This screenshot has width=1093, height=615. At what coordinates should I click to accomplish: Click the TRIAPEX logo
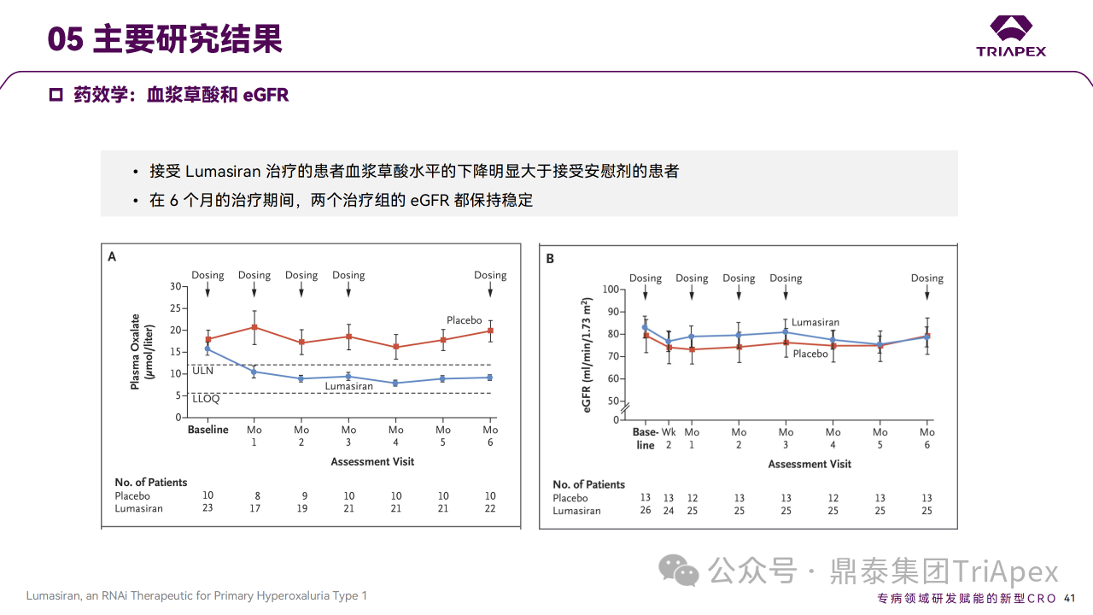tap(1011, 36)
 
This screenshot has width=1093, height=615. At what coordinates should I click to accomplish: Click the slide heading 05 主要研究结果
tap(165, 39)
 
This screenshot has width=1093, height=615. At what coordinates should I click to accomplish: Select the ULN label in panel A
tap(202, 372)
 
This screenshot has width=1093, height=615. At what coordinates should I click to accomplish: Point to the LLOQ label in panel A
tap(206, 399)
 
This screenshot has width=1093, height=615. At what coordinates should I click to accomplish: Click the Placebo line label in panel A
tap(465, 320)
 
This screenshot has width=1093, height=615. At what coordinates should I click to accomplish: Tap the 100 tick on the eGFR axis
tap(610, 289)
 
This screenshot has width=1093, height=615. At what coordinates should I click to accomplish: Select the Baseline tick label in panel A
tap(208, 430)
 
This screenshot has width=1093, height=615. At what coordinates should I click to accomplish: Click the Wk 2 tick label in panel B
tap(669, 438)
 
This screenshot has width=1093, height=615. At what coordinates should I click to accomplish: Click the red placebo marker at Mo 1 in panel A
tap(254, 327)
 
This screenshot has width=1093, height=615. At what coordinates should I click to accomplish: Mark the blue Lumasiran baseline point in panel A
tap(207, 348)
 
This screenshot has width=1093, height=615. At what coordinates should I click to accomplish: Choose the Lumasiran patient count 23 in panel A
tap(207, 508)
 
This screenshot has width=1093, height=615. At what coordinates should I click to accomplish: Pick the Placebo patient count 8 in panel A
tap(254, 495)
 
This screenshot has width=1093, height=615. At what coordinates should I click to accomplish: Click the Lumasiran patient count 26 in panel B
tap(646, 511)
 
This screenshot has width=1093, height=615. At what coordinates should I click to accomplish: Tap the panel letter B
tap(550, 258)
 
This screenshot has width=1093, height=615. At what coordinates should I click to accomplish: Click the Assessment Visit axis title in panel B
tap(809, 464)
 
